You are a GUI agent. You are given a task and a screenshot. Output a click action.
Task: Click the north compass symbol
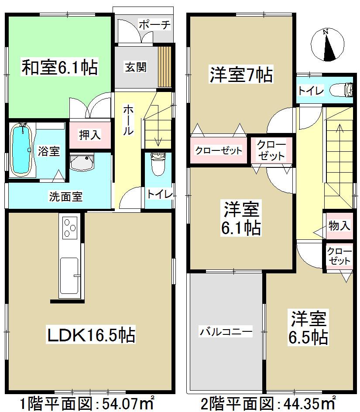(329, 45)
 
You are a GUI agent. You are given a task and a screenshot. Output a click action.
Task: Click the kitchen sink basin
(69, 275)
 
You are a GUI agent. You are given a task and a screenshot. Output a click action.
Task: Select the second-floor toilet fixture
(343, 90)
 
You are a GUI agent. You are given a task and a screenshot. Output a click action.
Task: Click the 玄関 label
(136, 67)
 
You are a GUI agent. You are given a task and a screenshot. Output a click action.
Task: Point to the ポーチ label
(154, 25)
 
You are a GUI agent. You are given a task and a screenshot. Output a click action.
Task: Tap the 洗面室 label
(65, 197)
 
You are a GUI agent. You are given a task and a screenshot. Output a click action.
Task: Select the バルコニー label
(226, 332)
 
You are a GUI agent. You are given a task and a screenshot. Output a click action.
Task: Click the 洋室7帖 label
(240, 75)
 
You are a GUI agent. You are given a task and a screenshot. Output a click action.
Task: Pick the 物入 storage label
(339, 226)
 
